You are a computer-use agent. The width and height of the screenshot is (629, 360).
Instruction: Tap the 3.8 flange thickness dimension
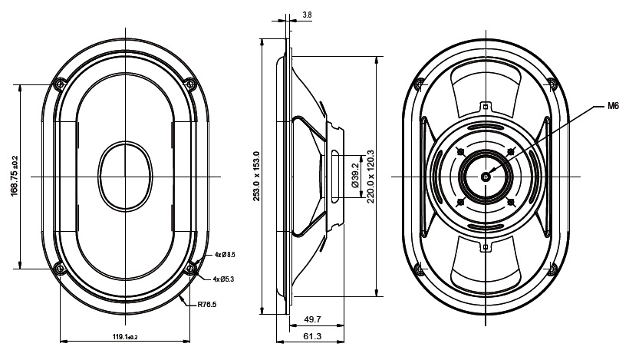(307, 15)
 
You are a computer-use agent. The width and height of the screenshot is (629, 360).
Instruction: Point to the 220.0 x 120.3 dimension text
(371, 176)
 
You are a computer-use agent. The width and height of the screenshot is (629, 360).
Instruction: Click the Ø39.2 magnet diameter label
(355, 176)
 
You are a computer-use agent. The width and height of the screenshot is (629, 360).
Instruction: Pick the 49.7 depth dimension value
(311, 319)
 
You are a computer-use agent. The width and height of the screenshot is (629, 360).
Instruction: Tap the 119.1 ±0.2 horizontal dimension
(124, 338)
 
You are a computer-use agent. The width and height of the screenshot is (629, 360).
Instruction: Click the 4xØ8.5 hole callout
(224, 254)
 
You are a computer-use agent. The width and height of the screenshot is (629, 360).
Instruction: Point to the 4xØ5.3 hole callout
(224, 279)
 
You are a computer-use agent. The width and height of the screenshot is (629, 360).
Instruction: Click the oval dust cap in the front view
(124, 176)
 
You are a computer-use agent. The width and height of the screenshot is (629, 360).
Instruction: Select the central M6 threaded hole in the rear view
(486, 176)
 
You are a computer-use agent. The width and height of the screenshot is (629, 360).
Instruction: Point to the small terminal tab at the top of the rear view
(486, 105)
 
